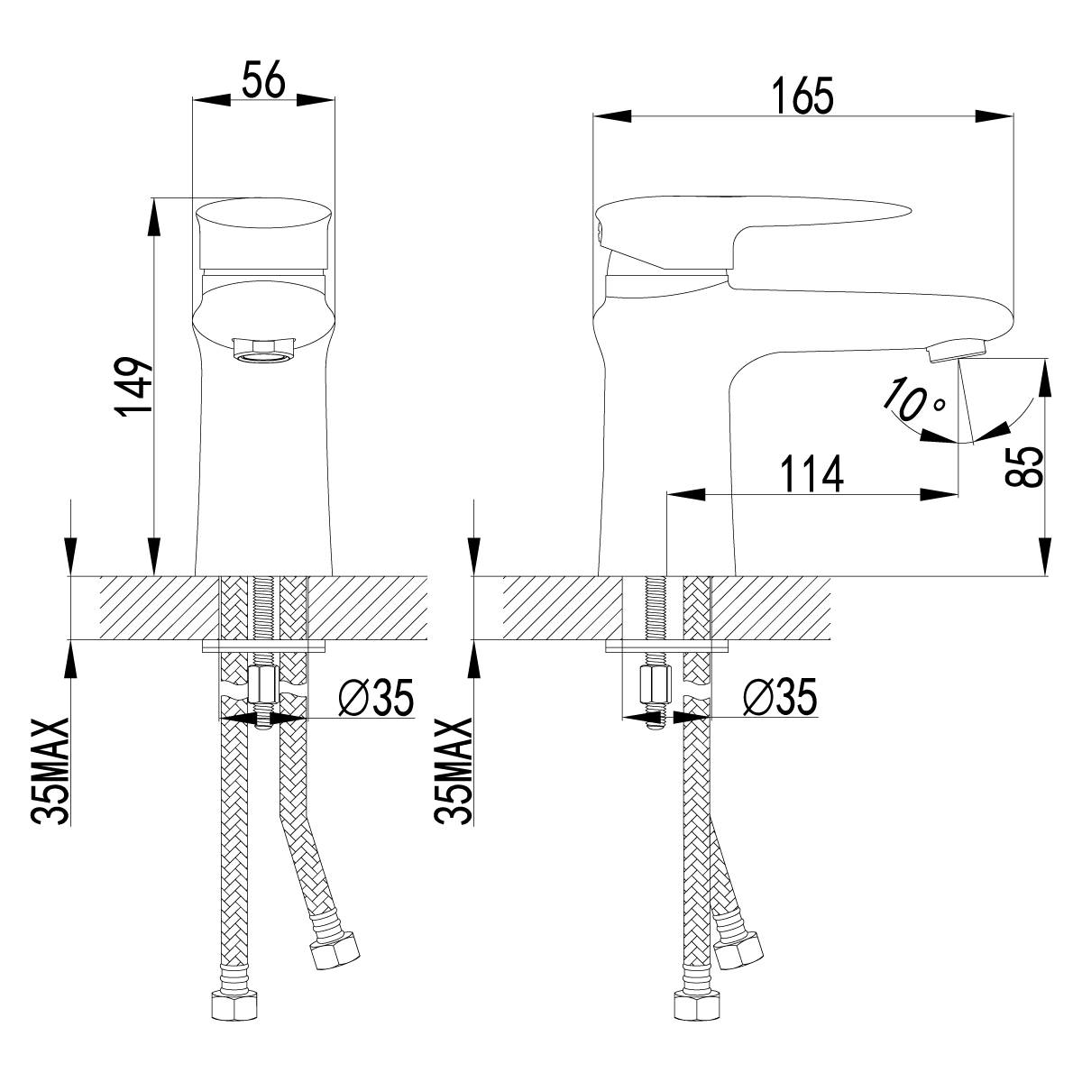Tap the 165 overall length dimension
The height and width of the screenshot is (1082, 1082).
803,96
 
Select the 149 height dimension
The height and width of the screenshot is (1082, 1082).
133,385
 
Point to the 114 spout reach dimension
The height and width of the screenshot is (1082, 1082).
811,473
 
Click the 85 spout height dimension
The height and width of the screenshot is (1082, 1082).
1025,467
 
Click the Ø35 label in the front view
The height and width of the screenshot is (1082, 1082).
376,697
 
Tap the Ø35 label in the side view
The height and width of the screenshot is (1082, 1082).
781,697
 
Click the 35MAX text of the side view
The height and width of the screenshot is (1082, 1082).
454,772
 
